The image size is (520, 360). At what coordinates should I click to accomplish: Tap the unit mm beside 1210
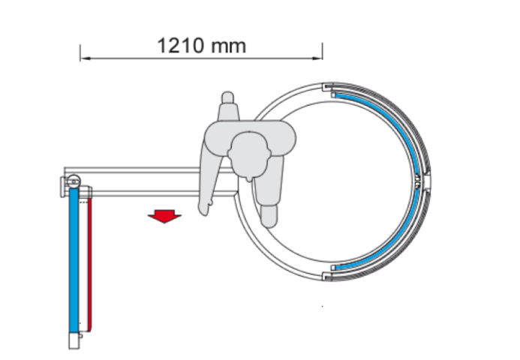click(228, 46)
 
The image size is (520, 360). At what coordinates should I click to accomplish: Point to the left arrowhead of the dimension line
click(86, 58)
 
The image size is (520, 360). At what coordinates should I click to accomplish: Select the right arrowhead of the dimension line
click(317, 58)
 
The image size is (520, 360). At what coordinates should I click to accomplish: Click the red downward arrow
click(164, 216)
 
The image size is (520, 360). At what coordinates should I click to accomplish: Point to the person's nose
click(249, 179)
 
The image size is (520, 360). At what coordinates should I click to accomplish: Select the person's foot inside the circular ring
click(269, 216)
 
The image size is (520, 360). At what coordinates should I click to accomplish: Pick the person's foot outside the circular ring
click(227, 97)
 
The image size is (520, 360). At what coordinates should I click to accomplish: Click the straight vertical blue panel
click(74, 260)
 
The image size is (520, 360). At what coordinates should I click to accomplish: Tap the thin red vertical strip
click(90, 263)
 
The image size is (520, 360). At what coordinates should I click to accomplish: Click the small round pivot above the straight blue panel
click(74, 181)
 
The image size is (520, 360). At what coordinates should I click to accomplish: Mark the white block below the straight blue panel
click(74, 340)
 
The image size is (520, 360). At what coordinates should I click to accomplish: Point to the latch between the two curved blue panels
click(417, 181)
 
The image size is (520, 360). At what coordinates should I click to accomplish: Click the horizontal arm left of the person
click(133, 182)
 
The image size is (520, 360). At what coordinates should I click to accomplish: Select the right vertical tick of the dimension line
click(322, 52)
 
